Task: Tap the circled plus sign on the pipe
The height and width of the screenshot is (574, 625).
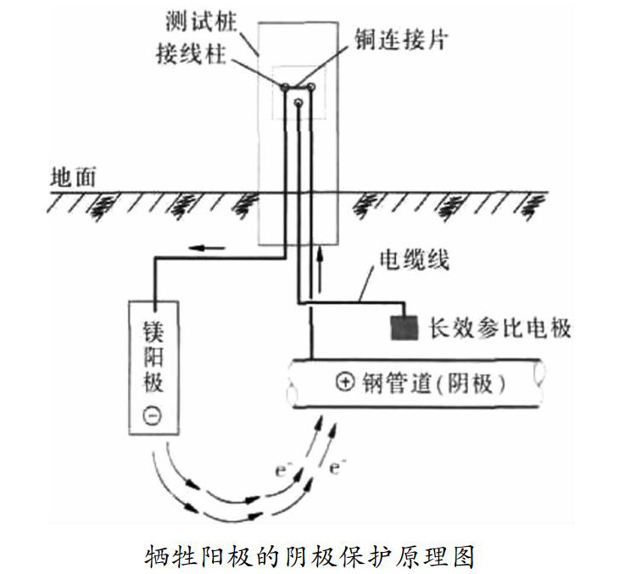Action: [344, 383]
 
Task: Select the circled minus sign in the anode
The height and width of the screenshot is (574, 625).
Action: [153, 416]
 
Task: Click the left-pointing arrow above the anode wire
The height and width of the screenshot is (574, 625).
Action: [208, 248]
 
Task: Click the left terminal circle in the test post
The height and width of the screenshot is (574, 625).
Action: [286, 87]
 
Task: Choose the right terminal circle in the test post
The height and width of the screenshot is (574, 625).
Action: [311, 86]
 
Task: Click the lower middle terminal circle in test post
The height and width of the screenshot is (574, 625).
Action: [299, 103]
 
